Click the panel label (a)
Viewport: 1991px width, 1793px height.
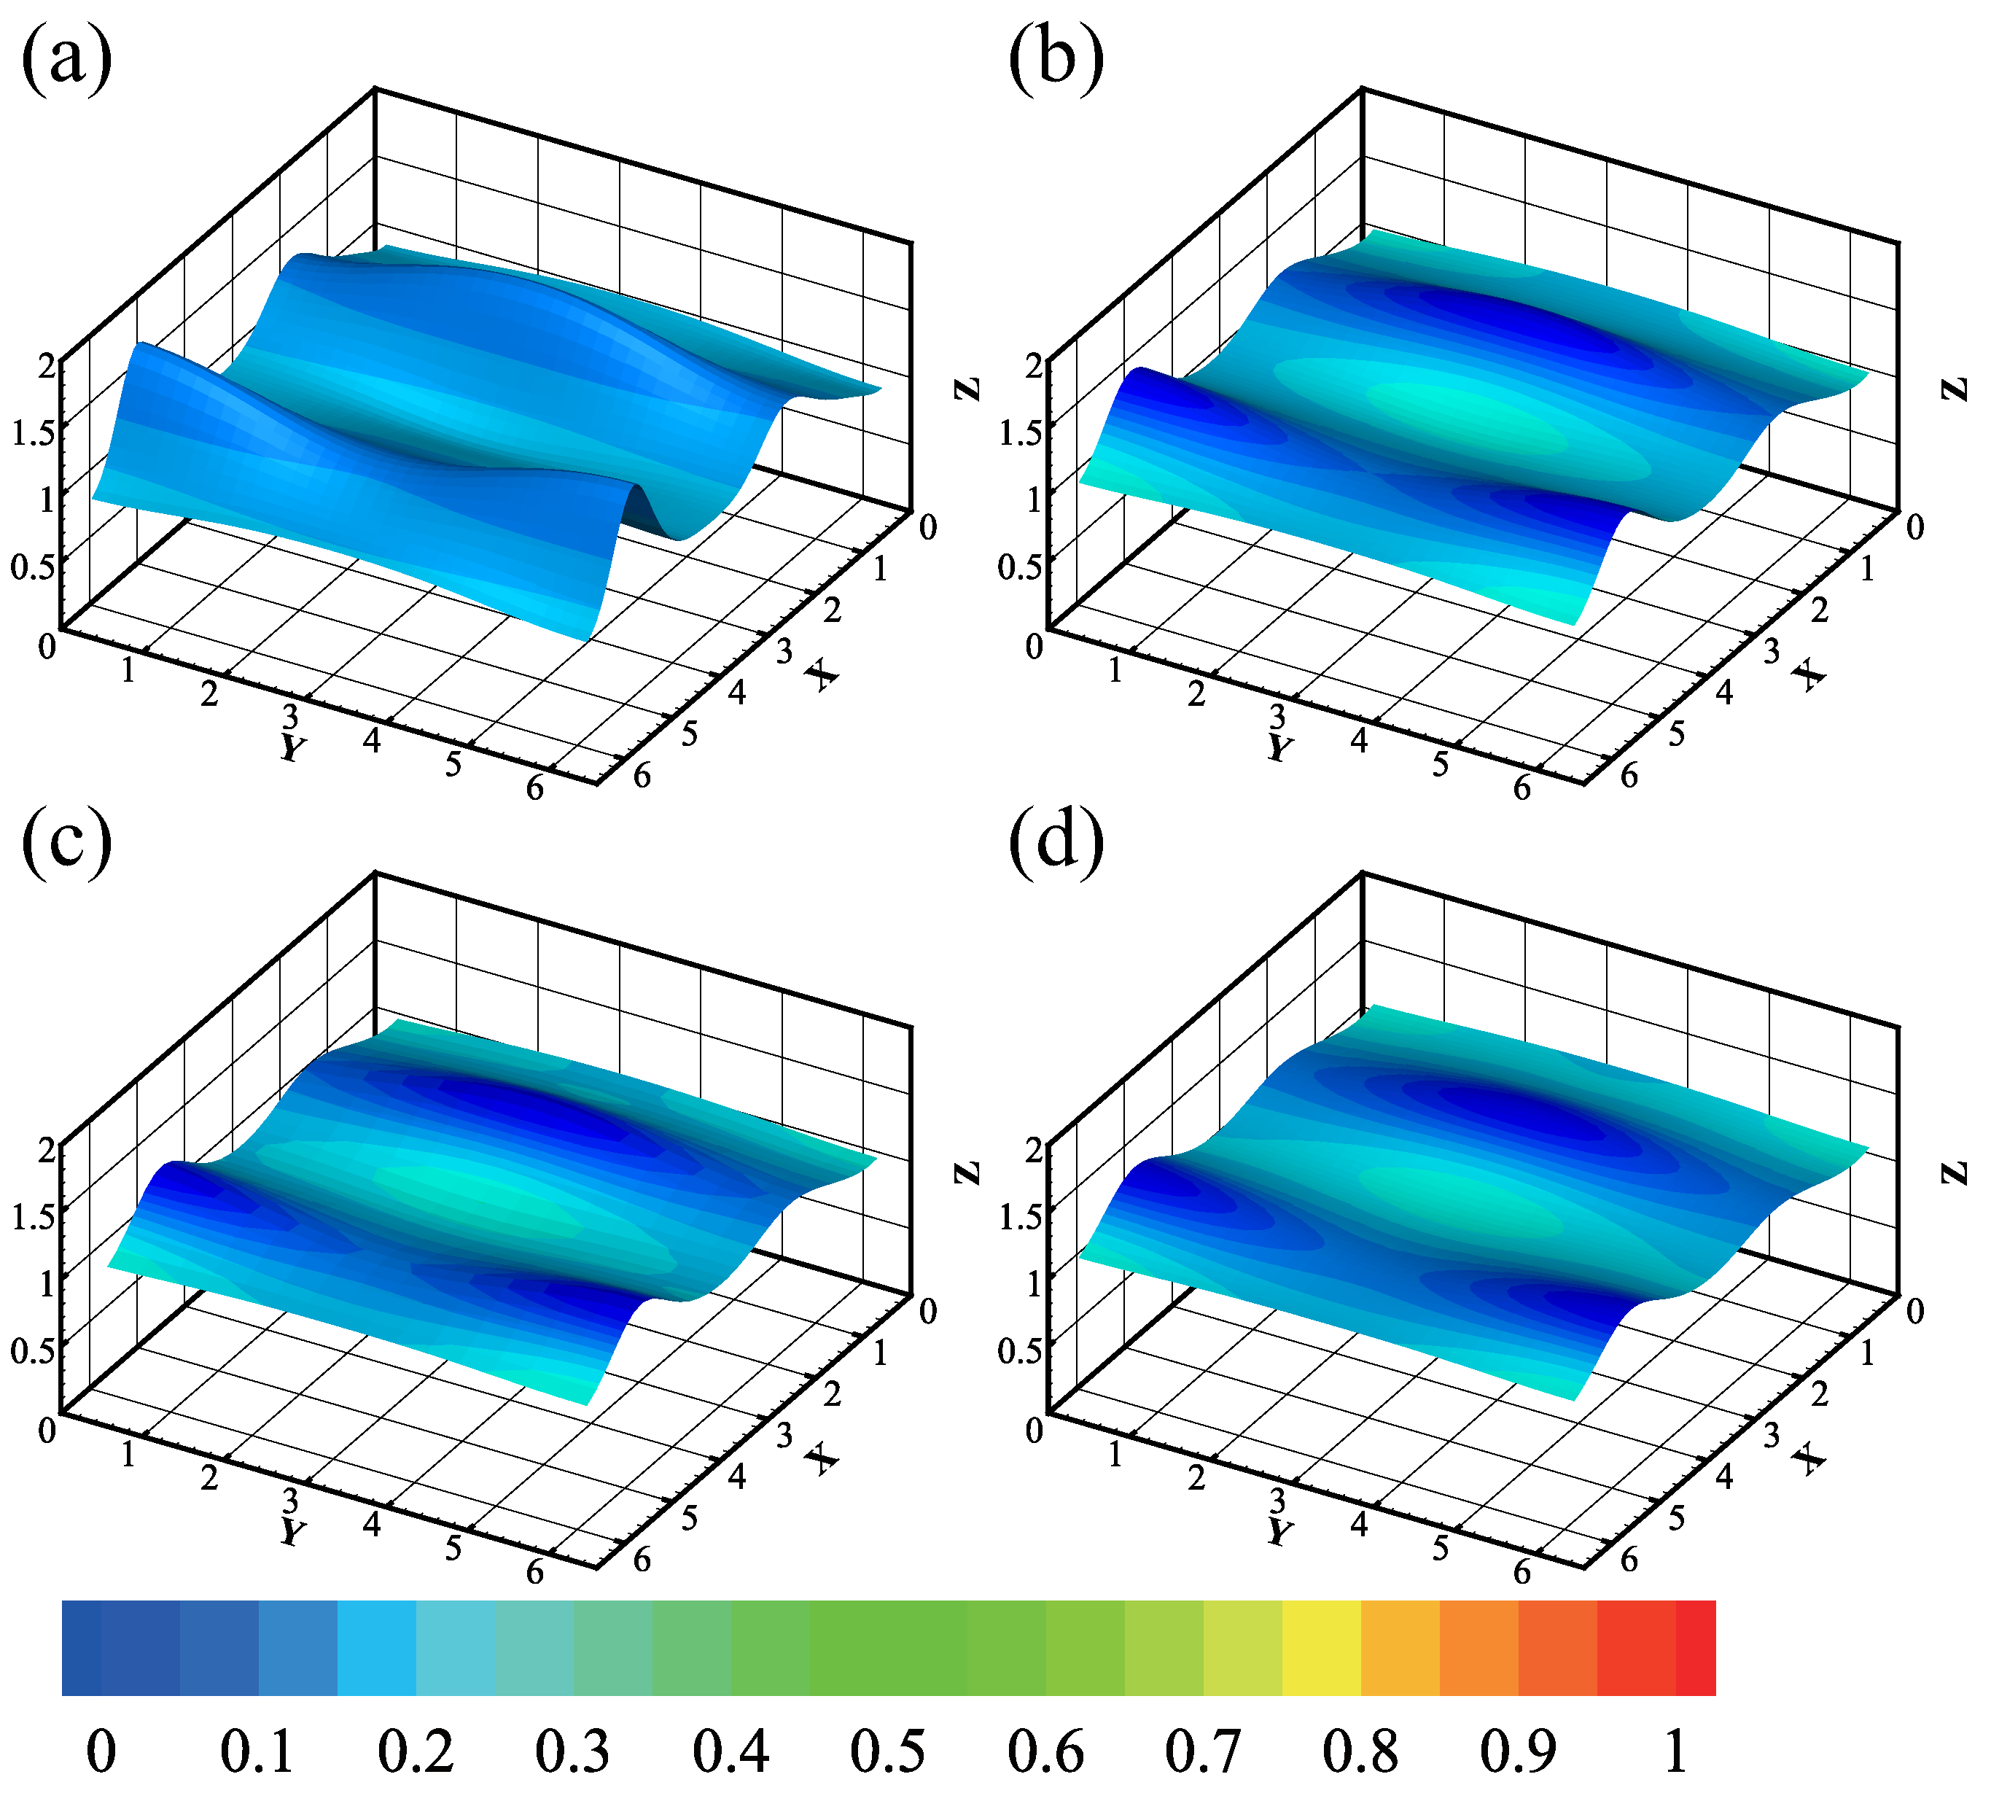[x=66, y=61]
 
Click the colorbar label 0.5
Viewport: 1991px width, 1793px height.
[x=888, y=1751]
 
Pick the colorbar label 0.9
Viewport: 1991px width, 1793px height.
[x=1517, y=1751]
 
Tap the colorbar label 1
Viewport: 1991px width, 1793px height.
[x=1676, y=1751]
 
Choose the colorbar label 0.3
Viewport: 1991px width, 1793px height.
[x=572, y=1751]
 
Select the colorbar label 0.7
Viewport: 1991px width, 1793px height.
[x=1202, y=1751]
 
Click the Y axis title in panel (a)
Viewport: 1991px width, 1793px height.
[x=292, y=749]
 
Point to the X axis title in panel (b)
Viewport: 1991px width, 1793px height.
[x=1809, y=675]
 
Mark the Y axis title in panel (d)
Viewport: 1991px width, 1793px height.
[x=1279, y=1532]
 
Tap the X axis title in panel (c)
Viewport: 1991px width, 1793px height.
[x=822, y=1458]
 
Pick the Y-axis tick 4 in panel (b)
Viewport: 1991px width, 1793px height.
[x=1360, y=741]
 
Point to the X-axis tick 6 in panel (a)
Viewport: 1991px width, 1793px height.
[x=642, y=777]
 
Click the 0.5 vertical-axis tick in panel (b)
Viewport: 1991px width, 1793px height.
[x=1021, y=567]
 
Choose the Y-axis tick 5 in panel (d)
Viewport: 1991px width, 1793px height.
[x=1441, y=1548]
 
